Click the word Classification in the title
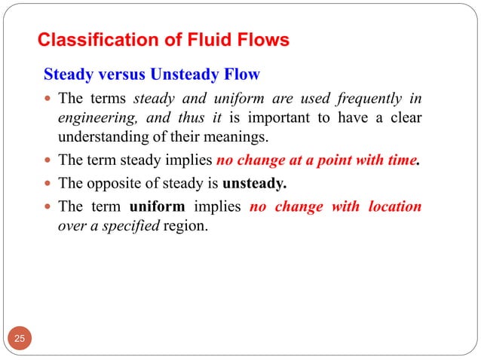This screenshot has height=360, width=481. [89, 40]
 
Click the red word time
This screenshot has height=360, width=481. [399, 160]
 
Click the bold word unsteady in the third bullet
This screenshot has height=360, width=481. [256, 183]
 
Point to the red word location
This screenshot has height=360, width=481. [389, 206]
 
